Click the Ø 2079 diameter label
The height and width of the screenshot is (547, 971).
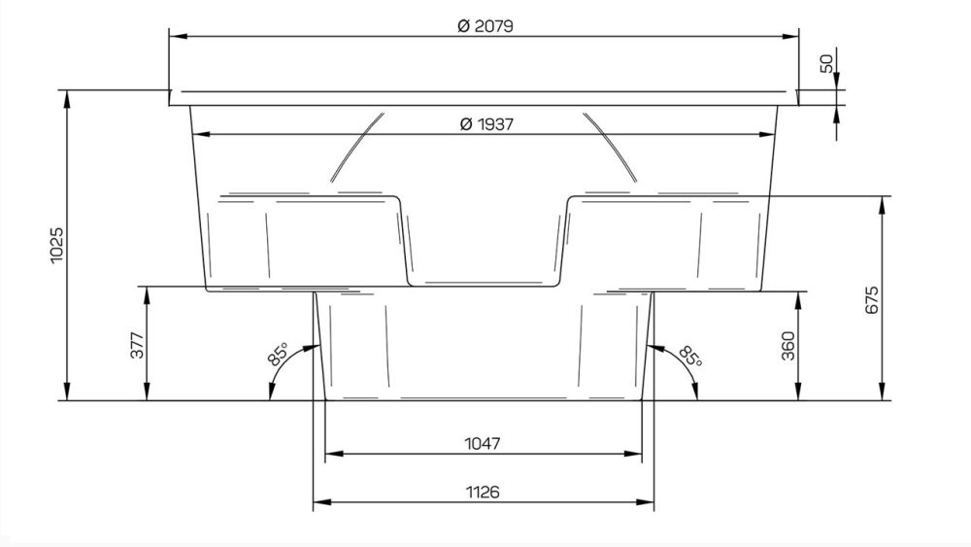click(485, 26)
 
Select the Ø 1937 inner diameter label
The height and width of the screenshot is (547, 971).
click(486, 124)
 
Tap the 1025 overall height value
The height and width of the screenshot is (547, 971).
click(56, 245)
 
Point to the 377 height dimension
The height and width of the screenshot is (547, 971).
click(137, 345)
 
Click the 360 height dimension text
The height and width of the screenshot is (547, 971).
click(787, 346)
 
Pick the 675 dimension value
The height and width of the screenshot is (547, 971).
click(871, 300)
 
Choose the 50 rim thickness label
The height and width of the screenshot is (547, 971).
click(826, 63)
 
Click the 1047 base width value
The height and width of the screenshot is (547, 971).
click(483, 444)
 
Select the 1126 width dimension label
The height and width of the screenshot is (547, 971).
click(483, 492)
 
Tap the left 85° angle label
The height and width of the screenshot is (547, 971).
click(278, 355)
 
